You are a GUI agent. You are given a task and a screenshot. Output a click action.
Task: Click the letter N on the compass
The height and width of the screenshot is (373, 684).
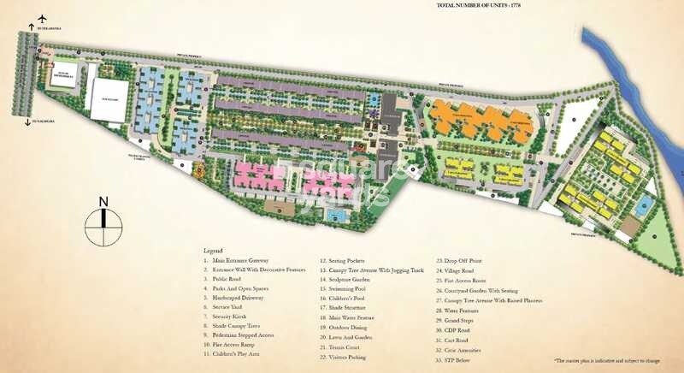[103, 202]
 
